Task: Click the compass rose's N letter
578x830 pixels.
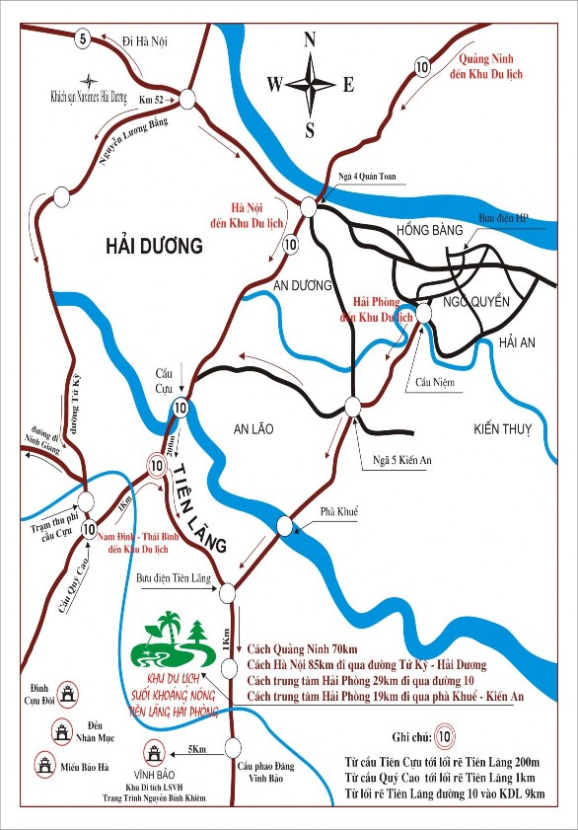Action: pos(310,39)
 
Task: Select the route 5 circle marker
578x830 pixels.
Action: pos(82,38)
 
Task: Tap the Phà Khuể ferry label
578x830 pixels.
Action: pos(339,511)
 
